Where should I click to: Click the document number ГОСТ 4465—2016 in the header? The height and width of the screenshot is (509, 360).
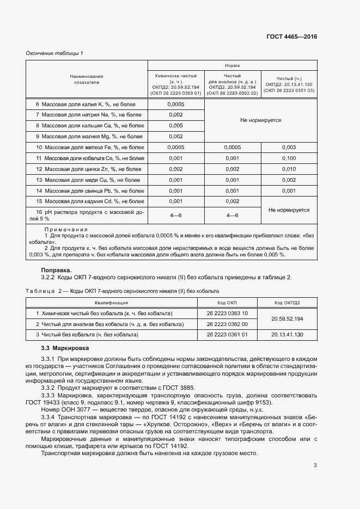point(291,37)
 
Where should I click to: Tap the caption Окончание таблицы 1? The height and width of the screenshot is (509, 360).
point(54,53)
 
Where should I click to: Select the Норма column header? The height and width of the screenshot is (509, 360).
point(232,65)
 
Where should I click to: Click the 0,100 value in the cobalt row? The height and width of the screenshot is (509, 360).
point(289,158)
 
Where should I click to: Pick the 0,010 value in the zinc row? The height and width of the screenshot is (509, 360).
point(289,169)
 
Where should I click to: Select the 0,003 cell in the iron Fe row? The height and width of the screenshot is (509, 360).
point(289,148)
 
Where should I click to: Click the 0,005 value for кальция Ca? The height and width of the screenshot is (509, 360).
point(175,126)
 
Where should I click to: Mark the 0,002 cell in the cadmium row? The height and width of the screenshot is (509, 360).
point(232,202)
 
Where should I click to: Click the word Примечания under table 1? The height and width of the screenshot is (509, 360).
point(66,230)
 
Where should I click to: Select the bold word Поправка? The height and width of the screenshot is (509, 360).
point(57,269)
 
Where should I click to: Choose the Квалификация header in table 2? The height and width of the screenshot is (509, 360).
point(111,302)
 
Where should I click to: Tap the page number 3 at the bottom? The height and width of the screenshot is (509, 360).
point(315,465)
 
